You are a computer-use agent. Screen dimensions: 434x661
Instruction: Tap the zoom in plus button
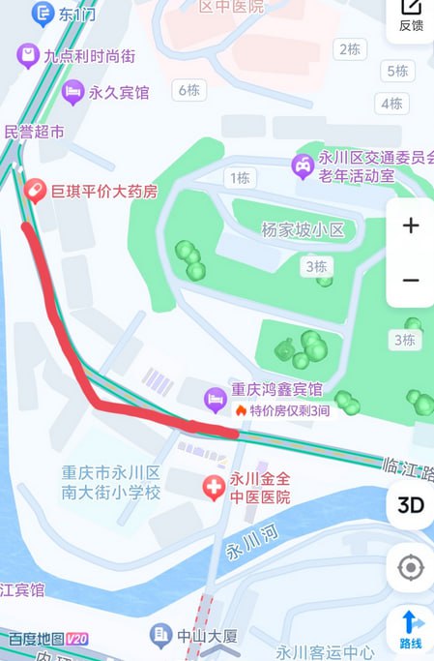pyautogui.click(x=411, y=226)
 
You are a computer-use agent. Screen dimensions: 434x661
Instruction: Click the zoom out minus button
pyautogui.click(x=411, y=281)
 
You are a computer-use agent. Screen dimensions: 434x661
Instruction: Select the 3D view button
pyautogui.click(x=411, y=504)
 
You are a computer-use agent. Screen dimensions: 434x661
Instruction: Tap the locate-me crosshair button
pyautogui.click(x=411, y=567)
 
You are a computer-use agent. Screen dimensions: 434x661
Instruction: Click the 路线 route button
pyautogui.click(x=411, y=629)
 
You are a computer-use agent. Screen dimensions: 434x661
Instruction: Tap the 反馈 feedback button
pyautogui.click(x=411, y=16)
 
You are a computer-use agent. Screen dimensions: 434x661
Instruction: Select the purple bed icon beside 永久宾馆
pyautogui.click(x=72, y=93)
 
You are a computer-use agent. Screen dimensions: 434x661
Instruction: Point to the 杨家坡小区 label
pyautogui.click(x=296, y=229)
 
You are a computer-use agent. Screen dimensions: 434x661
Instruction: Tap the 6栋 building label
pyautogui.click(x=188, y=90)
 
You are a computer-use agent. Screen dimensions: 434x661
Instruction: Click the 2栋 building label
pyautogui.click(x=349, y=48)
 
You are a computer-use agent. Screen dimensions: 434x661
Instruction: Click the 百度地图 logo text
pyautogui.click(x=36, y=640)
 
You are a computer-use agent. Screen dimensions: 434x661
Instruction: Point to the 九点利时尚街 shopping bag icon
pyautogui.click(x=27, y=56)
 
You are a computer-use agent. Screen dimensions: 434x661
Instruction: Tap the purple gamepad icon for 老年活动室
pyautogui.click(x=303, y=166)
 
